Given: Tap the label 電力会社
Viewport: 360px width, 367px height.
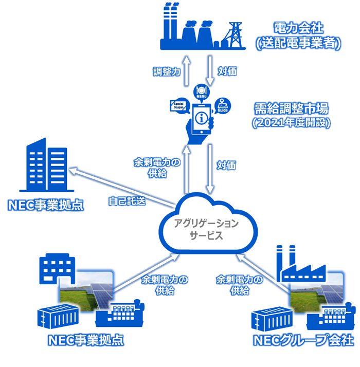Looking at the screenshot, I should coord(299,27).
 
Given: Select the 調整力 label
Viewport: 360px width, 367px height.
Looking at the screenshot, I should coord(167,72).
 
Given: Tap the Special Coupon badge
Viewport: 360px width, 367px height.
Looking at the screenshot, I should coord(178,105).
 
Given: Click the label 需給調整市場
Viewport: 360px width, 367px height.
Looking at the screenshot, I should coord(292,109).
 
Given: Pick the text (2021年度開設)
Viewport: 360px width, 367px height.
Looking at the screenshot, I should coord(292,123).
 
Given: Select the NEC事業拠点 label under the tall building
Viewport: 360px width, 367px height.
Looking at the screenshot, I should coord(46,205).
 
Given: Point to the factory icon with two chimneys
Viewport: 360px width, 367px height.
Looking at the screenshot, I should coord(298,262).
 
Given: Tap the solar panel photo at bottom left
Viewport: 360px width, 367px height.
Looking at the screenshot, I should coord(87,290).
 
